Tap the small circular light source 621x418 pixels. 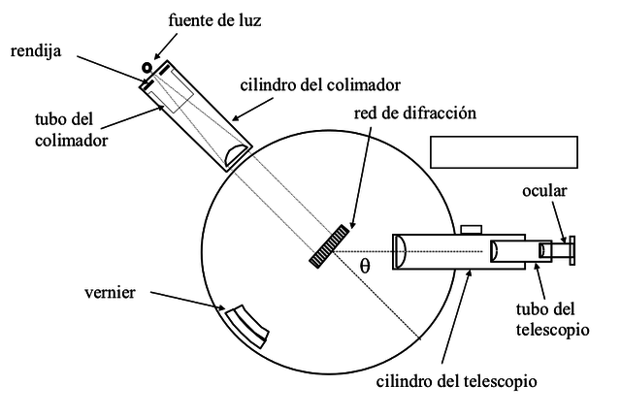pyautogui.click(x=147, y=68)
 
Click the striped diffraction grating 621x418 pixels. pyautogui.click(x=330, y=245)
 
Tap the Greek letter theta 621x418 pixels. pyautogui.click(x=365, y=264)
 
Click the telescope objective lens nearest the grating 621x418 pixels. pyautogui.click(x=399, y=250)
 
